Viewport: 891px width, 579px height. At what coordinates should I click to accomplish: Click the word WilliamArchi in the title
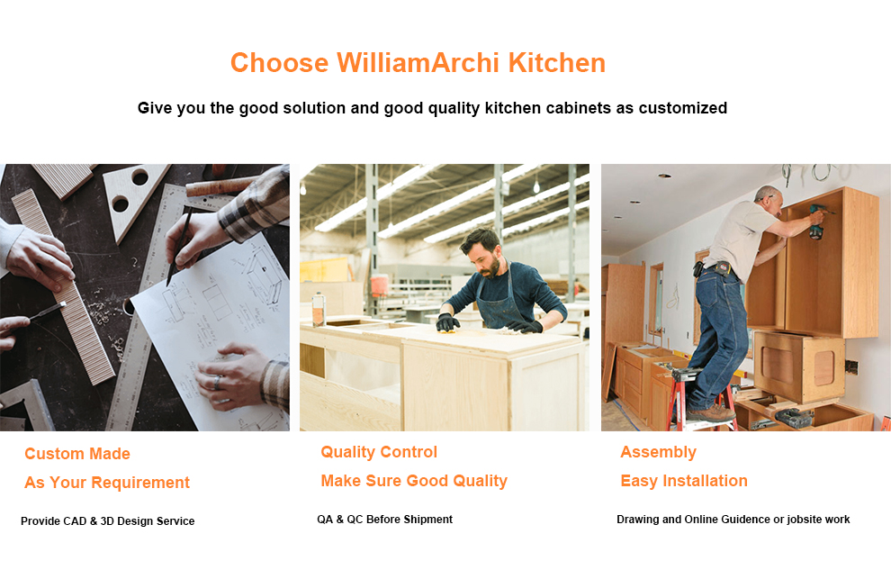(418, 62)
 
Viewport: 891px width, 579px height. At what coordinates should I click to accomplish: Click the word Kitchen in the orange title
(557, 62)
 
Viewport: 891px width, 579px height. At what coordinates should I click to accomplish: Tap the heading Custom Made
(77, 453)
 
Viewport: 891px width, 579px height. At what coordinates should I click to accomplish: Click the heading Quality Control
(379, 452)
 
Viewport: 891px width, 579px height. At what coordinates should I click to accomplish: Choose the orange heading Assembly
(658, 452)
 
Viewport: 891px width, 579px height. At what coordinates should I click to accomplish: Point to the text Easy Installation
(684, 481)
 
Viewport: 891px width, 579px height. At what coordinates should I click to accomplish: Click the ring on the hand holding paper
(217, 382)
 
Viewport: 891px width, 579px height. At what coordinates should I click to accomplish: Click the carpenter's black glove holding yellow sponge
(448, 323)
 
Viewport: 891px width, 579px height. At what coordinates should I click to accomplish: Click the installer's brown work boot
(713, 413)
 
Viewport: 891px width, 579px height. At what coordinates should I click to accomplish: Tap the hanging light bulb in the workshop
(535, 186)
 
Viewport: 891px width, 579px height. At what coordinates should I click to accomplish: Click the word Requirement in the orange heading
(140, 483)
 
